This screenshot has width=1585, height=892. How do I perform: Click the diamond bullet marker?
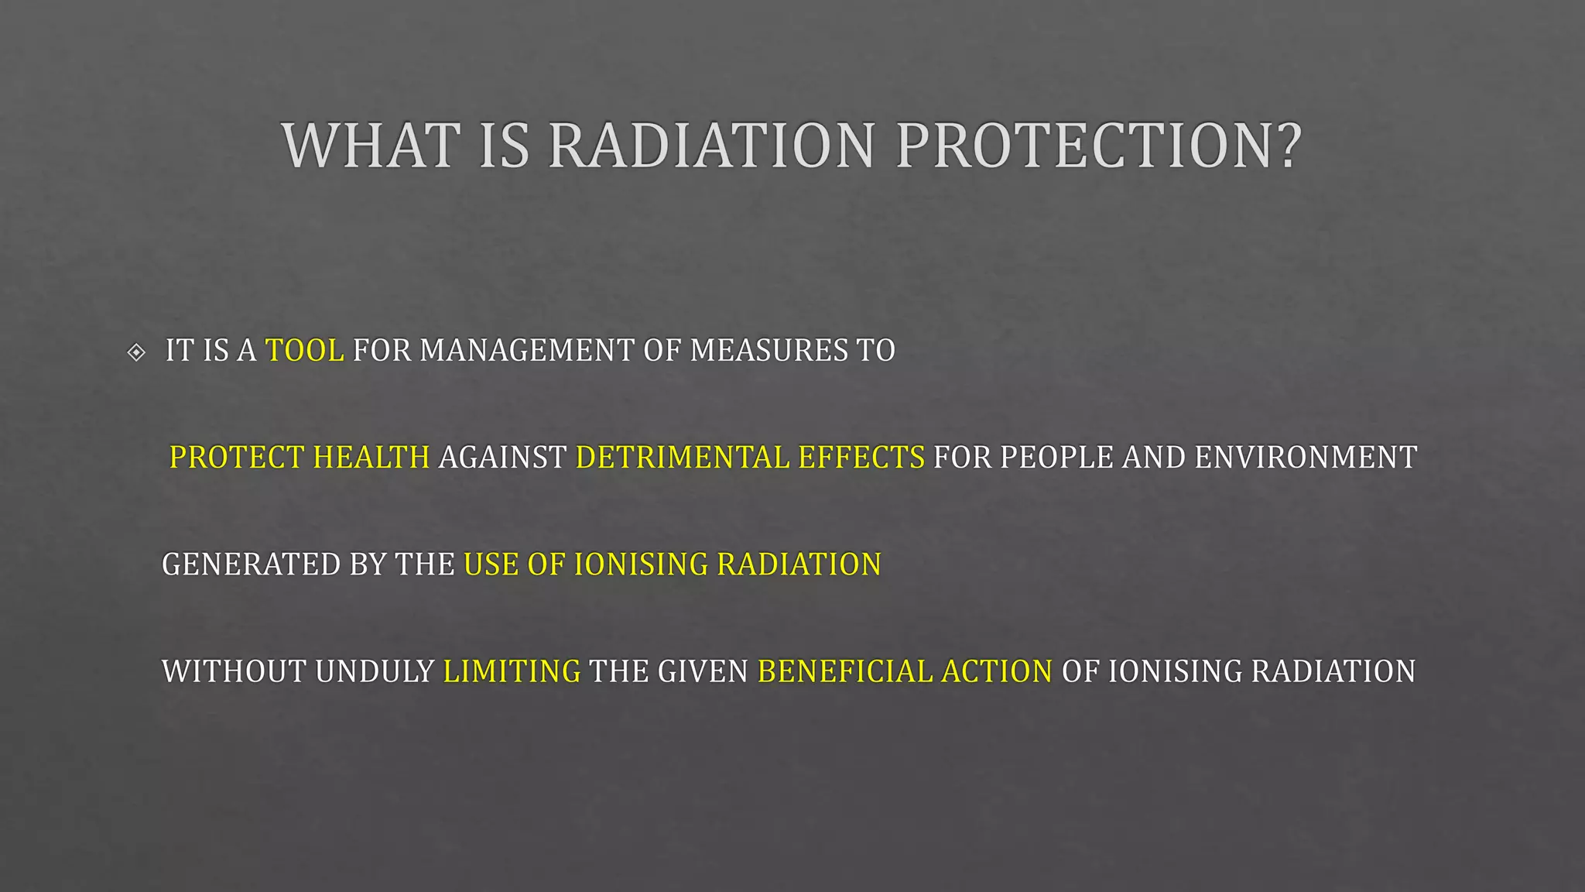(136, 352)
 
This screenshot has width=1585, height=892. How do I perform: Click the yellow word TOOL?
(304, 351)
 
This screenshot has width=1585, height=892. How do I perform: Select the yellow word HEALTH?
(371, 458)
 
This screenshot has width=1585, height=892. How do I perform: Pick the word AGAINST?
(502, 458)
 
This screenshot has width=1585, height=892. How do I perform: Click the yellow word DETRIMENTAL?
(682, 458)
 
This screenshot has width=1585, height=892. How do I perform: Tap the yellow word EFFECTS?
(861, 458)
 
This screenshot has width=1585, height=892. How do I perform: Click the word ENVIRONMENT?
(1306, 458)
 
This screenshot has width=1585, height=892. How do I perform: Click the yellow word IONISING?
(641, 564)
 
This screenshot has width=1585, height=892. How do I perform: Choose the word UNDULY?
(375, 671)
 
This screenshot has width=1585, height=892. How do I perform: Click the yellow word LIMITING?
(512, 671)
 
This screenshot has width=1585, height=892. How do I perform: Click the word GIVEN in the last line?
(703, 671)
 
